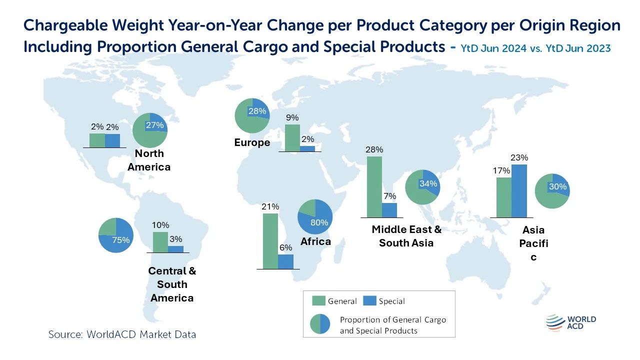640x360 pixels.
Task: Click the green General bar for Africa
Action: point(270,241)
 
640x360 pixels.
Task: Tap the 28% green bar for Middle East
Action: point(374,187)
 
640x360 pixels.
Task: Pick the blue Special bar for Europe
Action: point(307,148)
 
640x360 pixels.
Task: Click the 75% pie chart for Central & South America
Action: point(115,235)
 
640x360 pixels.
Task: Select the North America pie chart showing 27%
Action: point(150,130)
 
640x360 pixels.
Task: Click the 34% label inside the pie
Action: point(428,183)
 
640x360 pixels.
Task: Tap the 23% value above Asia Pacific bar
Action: point(519,158)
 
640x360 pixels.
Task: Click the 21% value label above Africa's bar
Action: point(270,206)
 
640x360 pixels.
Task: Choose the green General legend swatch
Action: point(319,300)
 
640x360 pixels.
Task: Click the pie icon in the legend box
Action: point(320,324)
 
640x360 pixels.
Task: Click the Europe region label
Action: point(252,143)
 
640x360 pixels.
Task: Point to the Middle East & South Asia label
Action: point(406,236)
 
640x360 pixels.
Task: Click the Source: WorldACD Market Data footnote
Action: point(122,334)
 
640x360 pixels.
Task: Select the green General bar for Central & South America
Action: point(160,242)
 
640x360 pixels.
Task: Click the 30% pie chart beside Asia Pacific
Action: point(552,191)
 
